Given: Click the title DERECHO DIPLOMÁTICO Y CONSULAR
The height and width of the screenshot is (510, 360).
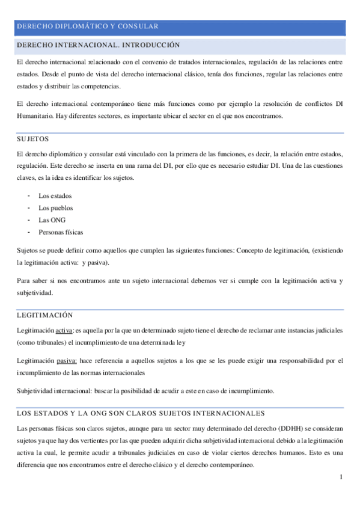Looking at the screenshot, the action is pyautogui.click(x=88, y=26).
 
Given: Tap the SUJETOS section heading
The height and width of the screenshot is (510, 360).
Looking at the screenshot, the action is pyautogui.click(x=32, y=139).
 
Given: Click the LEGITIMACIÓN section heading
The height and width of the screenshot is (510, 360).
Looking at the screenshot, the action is pyautogui.click(x=44, y=315).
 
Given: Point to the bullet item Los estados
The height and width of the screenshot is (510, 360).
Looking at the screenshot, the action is pyautogui.click(x=54, y=196).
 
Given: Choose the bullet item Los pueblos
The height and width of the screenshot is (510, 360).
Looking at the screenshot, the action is pyautogui.click(x=55, y=208).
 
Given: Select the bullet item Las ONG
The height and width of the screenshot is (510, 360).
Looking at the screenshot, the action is pyautogui.click(x=52, y=220).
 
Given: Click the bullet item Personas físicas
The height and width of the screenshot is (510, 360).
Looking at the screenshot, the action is pyautogui.click(x=61, y=232).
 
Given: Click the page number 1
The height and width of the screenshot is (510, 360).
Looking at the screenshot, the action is pyautogui.click(x=341, y=478).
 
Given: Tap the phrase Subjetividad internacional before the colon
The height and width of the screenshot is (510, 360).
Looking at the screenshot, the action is pyautogui.click(x=54, y=390).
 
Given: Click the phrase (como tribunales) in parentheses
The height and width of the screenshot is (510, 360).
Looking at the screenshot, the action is pyautogui.click(x=41, y=342).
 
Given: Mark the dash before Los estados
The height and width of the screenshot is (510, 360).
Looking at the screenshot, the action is pyautogui.click(x=29, y=196).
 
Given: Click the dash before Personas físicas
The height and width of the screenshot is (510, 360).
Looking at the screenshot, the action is pyautogui.click(x=29, y=232).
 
